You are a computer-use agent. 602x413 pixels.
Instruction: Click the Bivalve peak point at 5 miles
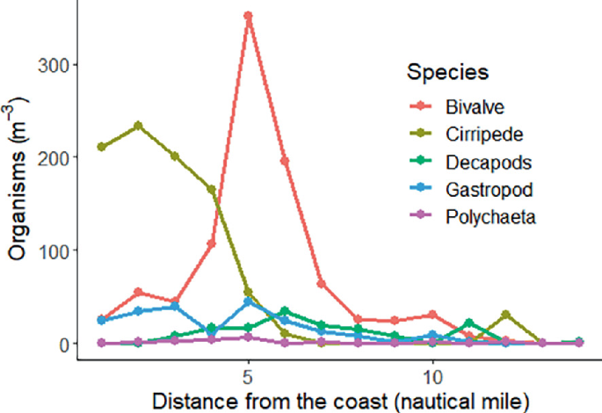[x=249, y=16]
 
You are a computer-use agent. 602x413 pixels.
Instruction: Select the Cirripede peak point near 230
[x=138, y=126]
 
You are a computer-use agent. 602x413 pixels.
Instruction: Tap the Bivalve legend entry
[x=475, y=105]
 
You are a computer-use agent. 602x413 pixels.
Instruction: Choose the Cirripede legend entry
[x=481, y=134]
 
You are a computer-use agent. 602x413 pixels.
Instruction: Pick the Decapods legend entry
[x=482, y=162]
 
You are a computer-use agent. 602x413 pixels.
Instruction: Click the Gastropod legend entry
[x=484, y=189]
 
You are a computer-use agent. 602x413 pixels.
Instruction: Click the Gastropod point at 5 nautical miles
[x=249, y=301]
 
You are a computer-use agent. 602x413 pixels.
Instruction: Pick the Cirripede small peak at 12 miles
[x=505, y=314]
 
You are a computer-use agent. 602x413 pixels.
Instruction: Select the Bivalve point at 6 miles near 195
[x=285, y=161]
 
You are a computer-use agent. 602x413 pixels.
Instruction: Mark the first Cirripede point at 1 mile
[x=102, y=147]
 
